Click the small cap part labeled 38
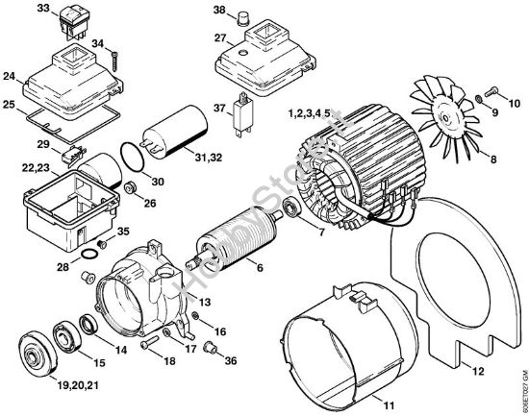click(x=244, y=14)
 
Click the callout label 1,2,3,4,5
click(x=313, y=113)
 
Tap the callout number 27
click(x=221, y=38)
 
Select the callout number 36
click(x=229, y=361)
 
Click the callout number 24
click(x=11, y=75)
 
